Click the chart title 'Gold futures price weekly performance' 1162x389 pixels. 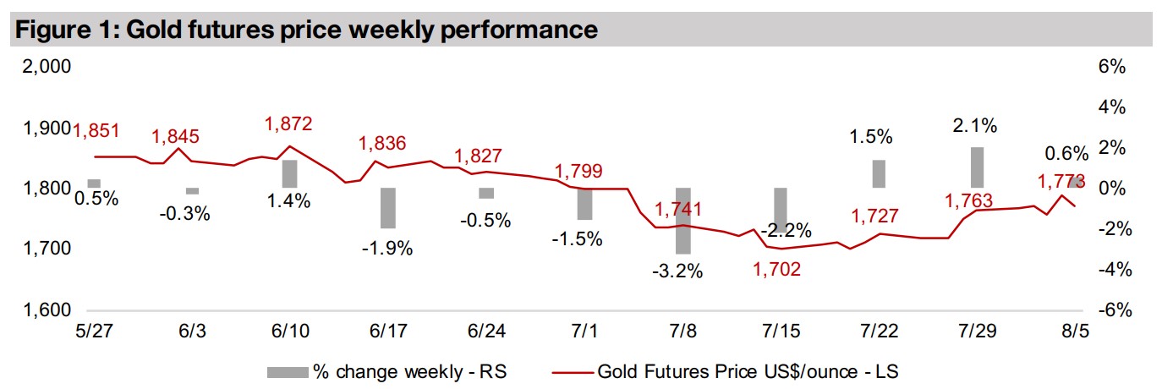(306, 30)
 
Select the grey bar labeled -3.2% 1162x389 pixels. (683, 221)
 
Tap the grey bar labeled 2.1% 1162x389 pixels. (977, 167)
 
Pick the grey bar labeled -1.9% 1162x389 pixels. (388, 208)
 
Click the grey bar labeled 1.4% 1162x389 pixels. (290, 173)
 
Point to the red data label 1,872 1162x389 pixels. (288, 123)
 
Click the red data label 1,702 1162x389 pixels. (776, 270)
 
